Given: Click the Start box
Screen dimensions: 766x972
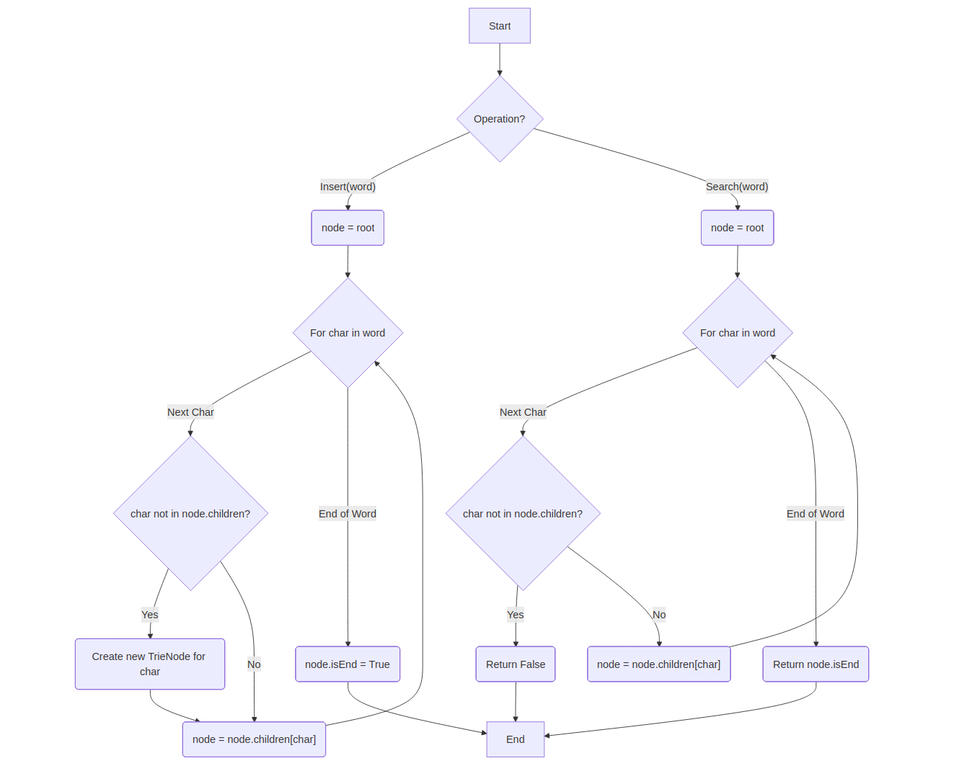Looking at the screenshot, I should pyautogui.click(x=499, y=26).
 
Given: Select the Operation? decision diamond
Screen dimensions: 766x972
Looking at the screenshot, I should pyautogui.click(x=499, y=119).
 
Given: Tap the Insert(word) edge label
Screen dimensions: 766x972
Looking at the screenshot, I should pyautogui.click(x=348, y=187).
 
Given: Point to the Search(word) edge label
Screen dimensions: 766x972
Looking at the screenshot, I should pyautogui.click(x=736, y=187).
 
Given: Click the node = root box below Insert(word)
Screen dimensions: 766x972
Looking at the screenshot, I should pyautogui.click(x=348, y=228).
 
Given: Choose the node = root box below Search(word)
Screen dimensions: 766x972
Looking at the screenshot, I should pyautogui.click(x=737, y=228).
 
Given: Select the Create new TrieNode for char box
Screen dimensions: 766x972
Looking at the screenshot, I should pyautogui.click(x=149, y=664).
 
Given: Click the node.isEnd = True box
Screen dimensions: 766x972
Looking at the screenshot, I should pyautogui.click(x=347, y=664).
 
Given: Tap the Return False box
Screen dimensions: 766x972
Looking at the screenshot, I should pyautogui.click(x=515, y=664).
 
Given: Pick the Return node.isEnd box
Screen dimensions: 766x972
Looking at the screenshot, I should pyautogui.click(x=816, y=664).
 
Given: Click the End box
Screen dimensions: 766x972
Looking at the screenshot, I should pyautogui.click(x=515, y=739).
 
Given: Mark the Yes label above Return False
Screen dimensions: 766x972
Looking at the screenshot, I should pyautogui.click(x=515, y=615).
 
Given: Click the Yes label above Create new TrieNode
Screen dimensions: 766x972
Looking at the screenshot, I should pyautogui.click(x=149, y=615).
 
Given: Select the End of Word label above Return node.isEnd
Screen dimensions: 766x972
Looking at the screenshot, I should pyautogui.click(x=815, y=514).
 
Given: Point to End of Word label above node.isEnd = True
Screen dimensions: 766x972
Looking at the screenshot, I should pyautogui.click(x=347, y=514).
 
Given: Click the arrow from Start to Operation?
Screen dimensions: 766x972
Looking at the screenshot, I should pyautogui.click(x=499, y=59).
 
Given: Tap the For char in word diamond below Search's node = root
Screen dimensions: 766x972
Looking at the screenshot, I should pyautogui.click(x=737, y=333).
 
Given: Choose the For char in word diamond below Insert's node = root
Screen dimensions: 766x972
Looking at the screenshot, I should pyautogui.click(x=348, y=333).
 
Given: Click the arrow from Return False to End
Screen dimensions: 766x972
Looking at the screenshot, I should pyautogui.click(x=515, y=701).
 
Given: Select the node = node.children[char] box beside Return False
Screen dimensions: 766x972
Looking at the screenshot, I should pyautogui.click(x=658, y=664).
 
